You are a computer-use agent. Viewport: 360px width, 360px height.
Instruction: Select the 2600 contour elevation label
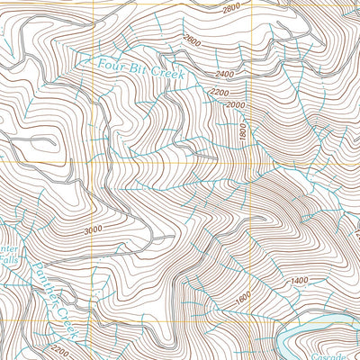(x=192, y=40)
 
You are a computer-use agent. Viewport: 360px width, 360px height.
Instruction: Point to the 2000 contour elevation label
(x=235, y=105)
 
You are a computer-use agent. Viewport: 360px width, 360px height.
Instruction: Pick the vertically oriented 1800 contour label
(x=243, y=131)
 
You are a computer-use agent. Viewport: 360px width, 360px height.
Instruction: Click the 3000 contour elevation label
(x=92, y=229)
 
